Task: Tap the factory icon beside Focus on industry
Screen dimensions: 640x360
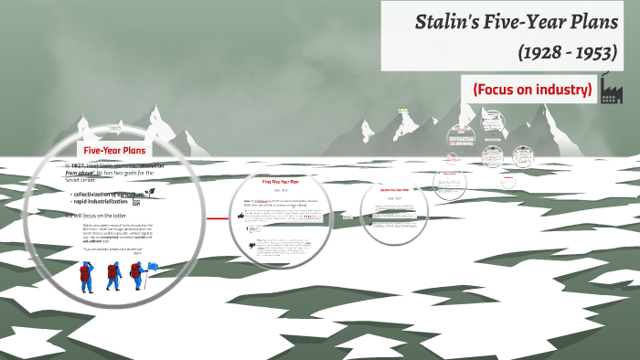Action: click(612, 90)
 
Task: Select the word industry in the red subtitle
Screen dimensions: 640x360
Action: click(567, 90)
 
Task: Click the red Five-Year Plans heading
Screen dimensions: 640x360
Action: click(114, 150)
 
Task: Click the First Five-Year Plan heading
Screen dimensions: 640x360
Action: click(281, 182)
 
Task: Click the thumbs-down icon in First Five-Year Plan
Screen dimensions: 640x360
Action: click(251, 246)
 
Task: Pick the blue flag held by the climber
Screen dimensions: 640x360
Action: click(152, 267)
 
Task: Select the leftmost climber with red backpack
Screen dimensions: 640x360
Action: click(87, 276)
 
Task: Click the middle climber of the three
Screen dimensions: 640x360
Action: click(113, 276)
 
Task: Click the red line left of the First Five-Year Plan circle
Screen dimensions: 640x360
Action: click(218, 218)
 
